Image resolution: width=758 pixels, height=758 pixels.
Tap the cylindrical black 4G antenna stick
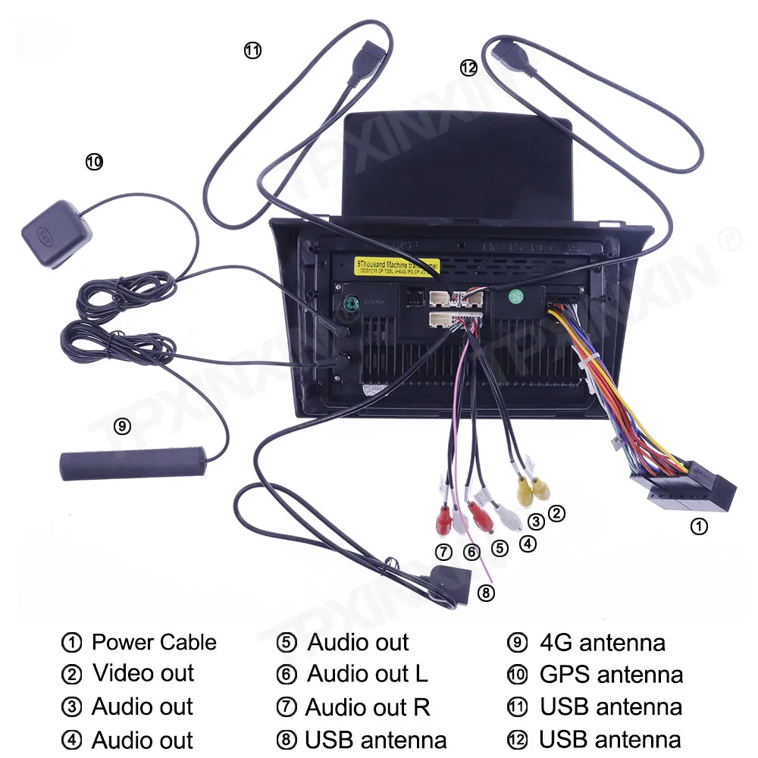[x=134, y=463]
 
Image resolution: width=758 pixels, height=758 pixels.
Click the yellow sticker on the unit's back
[x=397, y=266]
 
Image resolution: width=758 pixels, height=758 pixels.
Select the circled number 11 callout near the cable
[x=252, y=51]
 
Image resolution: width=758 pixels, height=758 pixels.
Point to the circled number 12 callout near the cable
[x=468, y=67]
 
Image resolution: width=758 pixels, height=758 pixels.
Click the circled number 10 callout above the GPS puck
[x=94, y=161]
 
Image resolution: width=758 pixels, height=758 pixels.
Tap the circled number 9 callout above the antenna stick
[x=122, y=427]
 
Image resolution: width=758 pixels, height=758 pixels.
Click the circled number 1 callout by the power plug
[x=699, y=526]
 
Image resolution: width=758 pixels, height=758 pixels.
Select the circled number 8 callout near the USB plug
[x=486, y=592]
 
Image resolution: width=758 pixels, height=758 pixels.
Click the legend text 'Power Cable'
[x=154, y=643]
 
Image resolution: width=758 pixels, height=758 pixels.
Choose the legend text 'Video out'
[x=143, y=673]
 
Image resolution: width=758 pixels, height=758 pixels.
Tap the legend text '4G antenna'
[x=602, y=643]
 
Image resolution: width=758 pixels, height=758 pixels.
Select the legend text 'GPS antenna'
[x=611, y=674]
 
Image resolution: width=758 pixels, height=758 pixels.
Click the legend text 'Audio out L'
[x=367, y=673]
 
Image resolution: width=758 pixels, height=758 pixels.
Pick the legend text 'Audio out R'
[x=368, y=707]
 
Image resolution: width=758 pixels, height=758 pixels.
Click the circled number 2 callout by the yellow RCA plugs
[x=556, y=513]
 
